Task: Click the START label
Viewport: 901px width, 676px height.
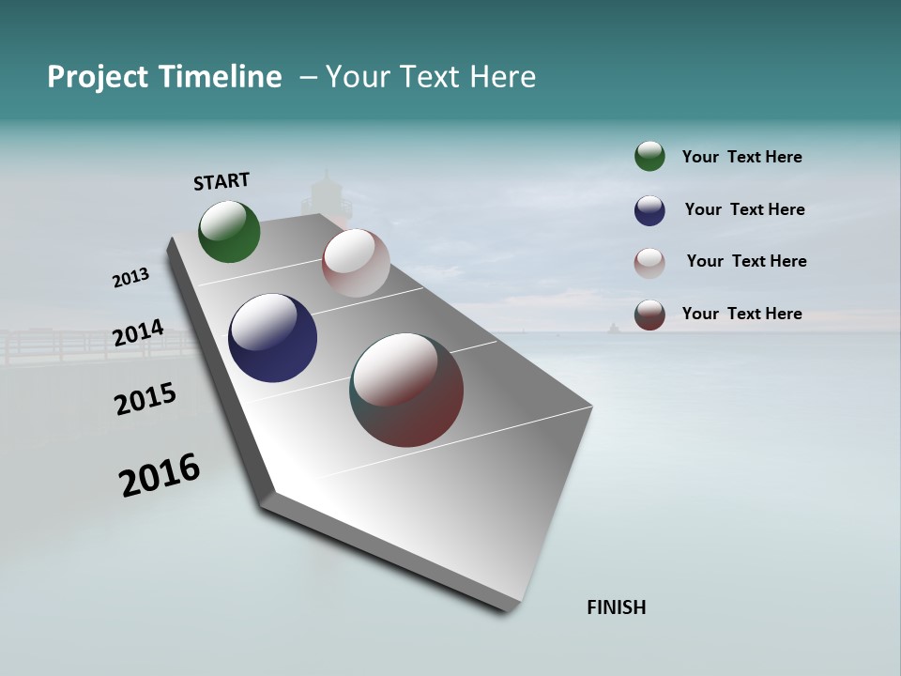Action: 221,180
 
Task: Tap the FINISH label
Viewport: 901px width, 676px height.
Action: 617,607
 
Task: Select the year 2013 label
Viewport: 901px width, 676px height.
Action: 130,278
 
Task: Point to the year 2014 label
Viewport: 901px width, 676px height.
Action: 138,333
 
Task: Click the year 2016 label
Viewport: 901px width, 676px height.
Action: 160,475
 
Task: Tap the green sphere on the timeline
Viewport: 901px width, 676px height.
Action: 229,231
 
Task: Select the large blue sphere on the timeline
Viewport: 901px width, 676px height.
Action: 272,338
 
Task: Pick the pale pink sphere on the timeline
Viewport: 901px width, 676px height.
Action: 356,263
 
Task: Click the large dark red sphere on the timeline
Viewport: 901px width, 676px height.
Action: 406,390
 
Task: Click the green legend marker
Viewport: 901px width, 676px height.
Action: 649,157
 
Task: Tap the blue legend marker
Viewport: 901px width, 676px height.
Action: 649,210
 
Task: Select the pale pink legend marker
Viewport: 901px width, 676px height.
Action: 649,262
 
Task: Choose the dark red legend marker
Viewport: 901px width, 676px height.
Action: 649,315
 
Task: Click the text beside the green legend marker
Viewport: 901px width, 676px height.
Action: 741,158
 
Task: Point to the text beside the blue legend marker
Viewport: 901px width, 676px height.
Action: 744,209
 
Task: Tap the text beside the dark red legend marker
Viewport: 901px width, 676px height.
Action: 741,314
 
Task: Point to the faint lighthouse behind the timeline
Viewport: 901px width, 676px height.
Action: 326,193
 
